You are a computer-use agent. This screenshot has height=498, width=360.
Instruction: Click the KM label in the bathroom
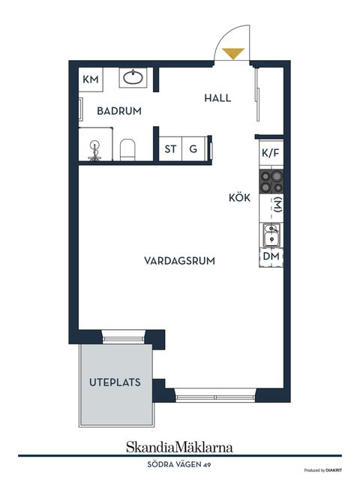pyautogui.click(x=91, y=79)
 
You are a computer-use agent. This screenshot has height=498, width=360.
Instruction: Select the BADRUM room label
pyautogui.click(x=119, y=111)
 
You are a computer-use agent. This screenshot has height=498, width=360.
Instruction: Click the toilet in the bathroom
pyautogui.click(x=127, y=148)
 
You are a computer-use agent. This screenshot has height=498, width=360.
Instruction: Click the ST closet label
pyautogui.click(x=171, y=148)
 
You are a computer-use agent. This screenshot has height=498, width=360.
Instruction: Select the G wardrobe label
pyautogui.click(x=193, y=148)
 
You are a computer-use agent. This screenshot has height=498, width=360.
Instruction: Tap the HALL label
pyautogui.click(x=217, y=98)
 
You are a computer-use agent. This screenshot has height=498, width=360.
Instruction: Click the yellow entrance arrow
pyautogui.click(x=233, y=53)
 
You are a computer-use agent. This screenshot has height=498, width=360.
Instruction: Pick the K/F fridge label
pyautogui.click(x=271, y=153)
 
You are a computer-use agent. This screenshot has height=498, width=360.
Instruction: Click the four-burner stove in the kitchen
pyautogui.click(x=271, y=181)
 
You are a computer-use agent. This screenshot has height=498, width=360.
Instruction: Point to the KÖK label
pyautogui.click(x=240, y=199)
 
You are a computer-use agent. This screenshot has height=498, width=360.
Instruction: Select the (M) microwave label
pyautogui.click(x=277, y=205)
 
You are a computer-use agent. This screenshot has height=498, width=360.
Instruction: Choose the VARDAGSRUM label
pyautogui.click(x=180, y=261)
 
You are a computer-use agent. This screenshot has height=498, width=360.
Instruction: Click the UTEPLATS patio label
pyautogui.click(x=115, y=382)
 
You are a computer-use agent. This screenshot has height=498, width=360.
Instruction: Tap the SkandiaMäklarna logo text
pyautogui.click(x=179, y=447)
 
